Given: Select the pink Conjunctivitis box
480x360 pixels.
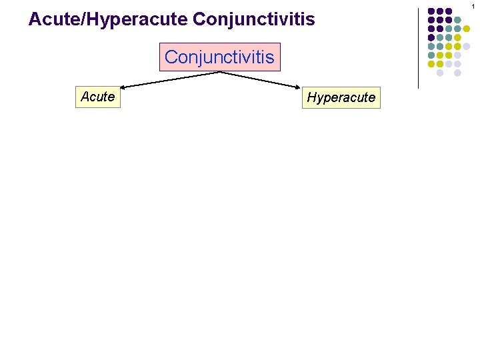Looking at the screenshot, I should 219,57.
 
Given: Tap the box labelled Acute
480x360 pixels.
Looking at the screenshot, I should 98,97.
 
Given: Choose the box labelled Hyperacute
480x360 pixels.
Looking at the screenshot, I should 341,98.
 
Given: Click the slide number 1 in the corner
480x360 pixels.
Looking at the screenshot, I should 474,5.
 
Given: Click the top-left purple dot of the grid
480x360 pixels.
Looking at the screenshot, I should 431,11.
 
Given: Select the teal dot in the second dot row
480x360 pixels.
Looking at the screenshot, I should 457,20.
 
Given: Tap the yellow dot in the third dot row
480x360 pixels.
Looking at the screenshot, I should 466,29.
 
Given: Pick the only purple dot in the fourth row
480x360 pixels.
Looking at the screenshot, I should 431,37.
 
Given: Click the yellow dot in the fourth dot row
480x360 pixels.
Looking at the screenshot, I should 457,37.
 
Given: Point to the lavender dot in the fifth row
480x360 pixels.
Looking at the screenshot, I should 466,46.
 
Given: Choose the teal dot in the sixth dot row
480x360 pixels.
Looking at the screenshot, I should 431,55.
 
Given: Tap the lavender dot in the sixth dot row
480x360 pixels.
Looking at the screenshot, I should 457,55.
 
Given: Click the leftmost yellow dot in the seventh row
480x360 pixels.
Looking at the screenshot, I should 431,63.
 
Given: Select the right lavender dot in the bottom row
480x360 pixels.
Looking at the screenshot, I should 457,72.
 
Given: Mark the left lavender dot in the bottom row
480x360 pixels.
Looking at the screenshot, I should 440,72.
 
